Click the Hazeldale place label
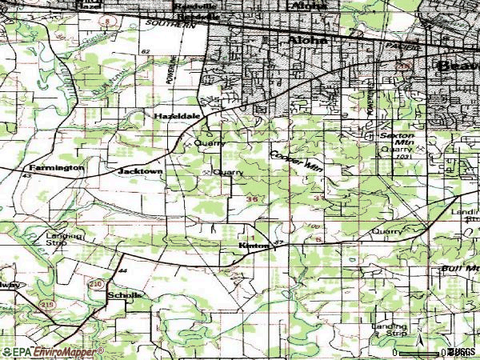171,116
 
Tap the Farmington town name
56,168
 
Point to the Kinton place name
254,246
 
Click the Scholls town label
124,295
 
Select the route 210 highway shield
95,283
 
